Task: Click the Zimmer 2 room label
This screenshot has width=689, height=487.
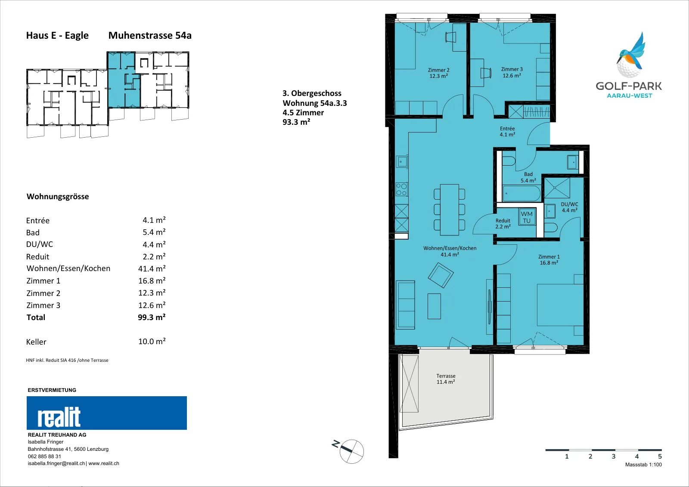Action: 438,73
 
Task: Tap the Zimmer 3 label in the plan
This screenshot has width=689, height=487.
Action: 512,73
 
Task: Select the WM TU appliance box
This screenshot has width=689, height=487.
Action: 527,217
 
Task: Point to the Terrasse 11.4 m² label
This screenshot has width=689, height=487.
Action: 446,379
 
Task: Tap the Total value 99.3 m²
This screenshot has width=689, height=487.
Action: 152,317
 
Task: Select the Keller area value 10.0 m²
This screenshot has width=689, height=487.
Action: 152,341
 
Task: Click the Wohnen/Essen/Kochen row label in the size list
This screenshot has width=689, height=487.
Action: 68,268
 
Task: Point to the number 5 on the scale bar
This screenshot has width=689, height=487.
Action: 660,456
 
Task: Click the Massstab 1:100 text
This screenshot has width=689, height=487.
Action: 643,465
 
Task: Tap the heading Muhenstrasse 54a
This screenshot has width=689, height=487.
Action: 150,36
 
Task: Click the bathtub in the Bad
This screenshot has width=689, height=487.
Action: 521,194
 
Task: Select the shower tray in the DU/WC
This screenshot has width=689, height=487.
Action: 557,188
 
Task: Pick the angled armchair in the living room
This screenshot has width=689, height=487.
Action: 441,275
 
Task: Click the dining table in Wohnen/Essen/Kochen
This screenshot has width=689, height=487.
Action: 450,210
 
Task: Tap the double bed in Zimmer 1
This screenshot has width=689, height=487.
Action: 560,305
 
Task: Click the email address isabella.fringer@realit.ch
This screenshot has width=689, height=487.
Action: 56,464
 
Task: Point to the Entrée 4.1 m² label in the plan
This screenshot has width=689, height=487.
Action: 507,132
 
